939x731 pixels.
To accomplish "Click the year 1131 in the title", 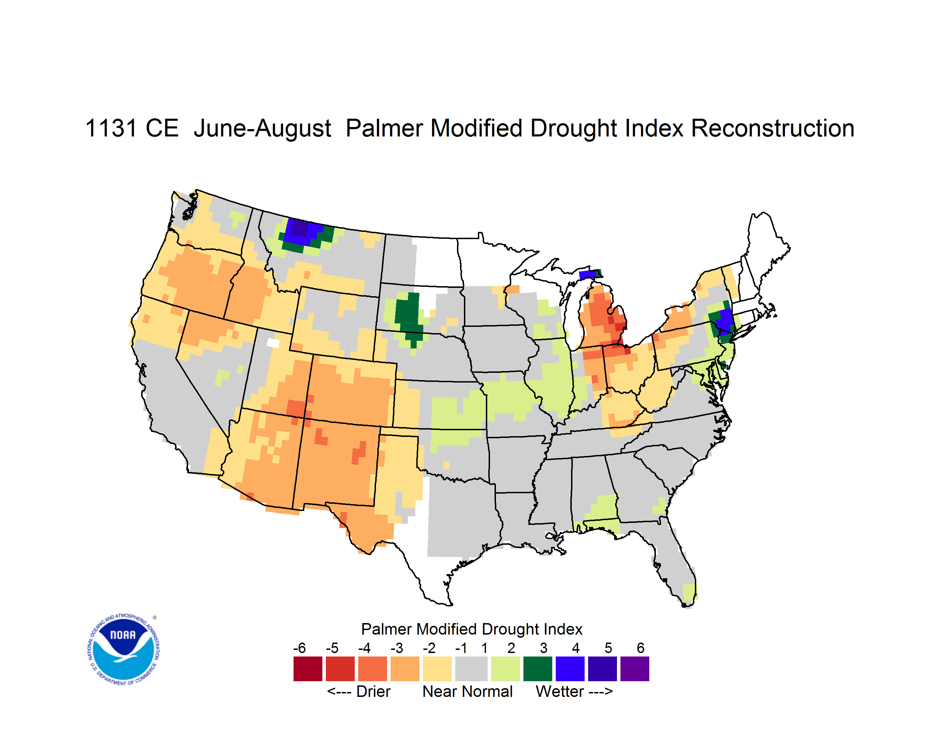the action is pyautogui.click(x=111, y=128).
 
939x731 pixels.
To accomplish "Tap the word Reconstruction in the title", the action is pyautogui.click(x=773, y=128).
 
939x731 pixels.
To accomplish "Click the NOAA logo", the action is pyautogui.click(x=123, y=650).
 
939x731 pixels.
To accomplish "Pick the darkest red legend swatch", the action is pyautogui.click(x=308, y=669).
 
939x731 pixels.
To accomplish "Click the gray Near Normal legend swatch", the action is pyautogui.click(x=471, y=669).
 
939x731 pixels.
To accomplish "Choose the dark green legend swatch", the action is pyautogui.click(x=537, y=669).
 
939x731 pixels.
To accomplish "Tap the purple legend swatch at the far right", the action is pyautogui.click(x=635, y=669).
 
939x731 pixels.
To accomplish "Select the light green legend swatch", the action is pyautogui.click(x=505, y=669).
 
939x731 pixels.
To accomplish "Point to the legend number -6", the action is pyautogui.click(x=300, y=648).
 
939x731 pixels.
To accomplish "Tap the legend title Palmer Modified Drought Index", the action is pyautogui.click(x=472, y=629).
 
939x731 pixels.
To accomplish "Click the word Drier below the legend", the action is pyautogui.click(x=373, y=691).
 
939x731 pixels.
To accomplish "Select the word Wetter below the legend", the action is pyautogui.click(x=560, y=691).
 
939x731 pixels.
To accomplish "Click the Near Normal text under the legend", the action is pyautogui.click(x=467, y=691).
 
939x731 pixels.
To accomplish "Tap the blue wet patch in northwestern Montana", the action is pyautogui.click(x=302, y=233).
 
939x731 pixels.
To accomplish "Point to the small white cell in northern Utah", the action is pyautogui.click(x=273, y=343).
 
